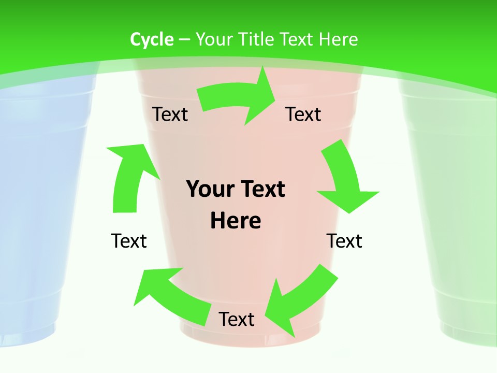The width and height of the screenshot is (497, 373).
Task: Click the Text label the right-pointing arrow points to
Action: [303, 114]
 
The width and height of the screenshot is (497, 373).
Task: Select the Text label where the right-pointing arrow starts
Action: [170, 114]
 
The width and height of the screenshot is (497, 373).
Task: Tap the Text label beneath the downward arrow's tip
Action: [344, 241]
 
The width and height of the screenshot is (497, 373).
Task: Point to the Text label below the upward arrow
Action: [129, 241]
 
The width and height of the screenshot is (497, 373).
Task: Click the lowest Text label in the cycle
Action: [237, 319]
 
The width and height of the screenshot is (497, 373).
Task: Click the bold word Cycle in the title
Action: [152, 39]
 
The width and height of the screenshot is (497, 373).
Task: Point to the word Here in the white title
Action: [339, 39]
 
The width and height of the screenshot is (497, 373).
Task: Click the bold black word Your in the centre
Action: [209, 189]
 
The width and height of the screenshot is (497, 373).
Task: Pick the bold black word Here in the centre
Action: [236, 221]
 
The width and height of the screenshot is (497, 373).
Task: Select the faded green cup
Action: [456, 207]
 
